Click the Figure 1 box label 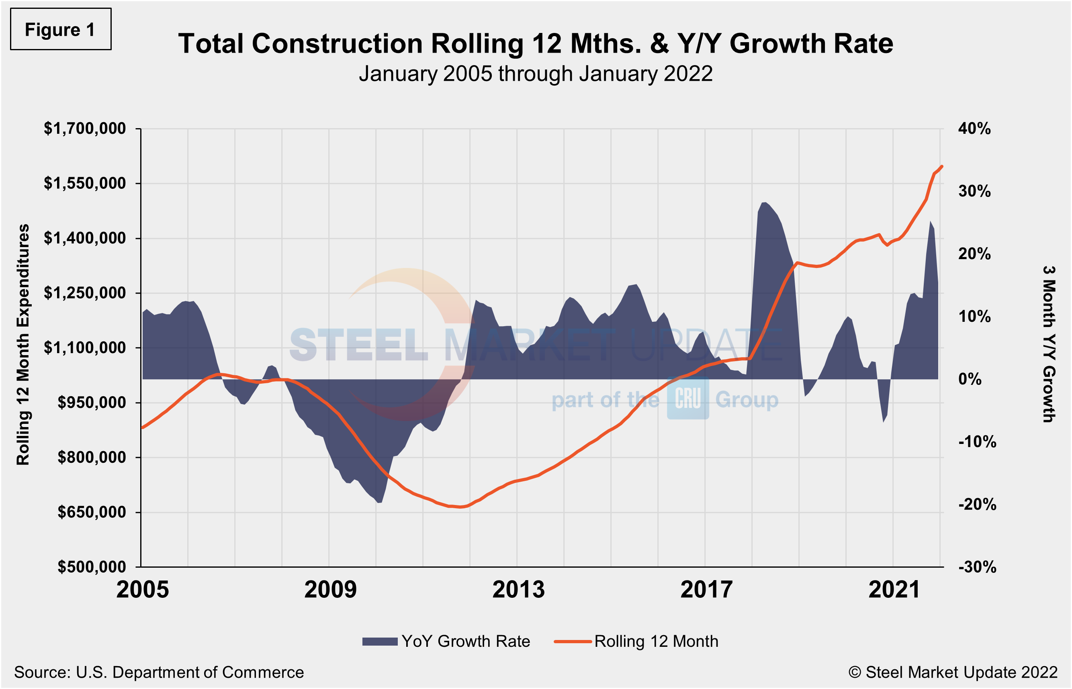pyautogui.click(x=60, y=30)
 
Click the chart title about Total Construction pyautogui.click(x=536, y=44)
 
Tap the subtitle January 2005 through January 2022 pyautogui.click(x=536, y=74)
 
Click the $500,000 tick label pyautogui.click(x=92, y=567)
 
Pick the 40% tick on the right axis pyautogui.click(x=974, y=129)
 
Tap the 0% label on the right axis pyautogui.click(x=970, y=379)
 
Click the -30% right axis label pyautogui.click(x=977, y=567)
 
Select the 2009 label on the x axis pyautogui.click(x=330, y=590)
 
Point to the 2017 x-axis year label pyautogui.click(x=706, y=590)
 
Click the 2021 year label pyautogui.click(x=894, y=590)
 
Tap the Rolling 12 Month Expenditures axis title pyautogui.click(x=23, y=345)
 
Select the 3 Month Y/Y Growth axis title pyautogui.click(x=1049, y=345)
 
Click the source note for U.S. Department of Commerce pyautogui.click(x=159, y=673)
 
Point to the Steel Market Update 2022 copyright pyautogui.click(x=953, y=673)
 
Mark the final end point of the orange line pyautogui.click(x=942, y=166)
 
